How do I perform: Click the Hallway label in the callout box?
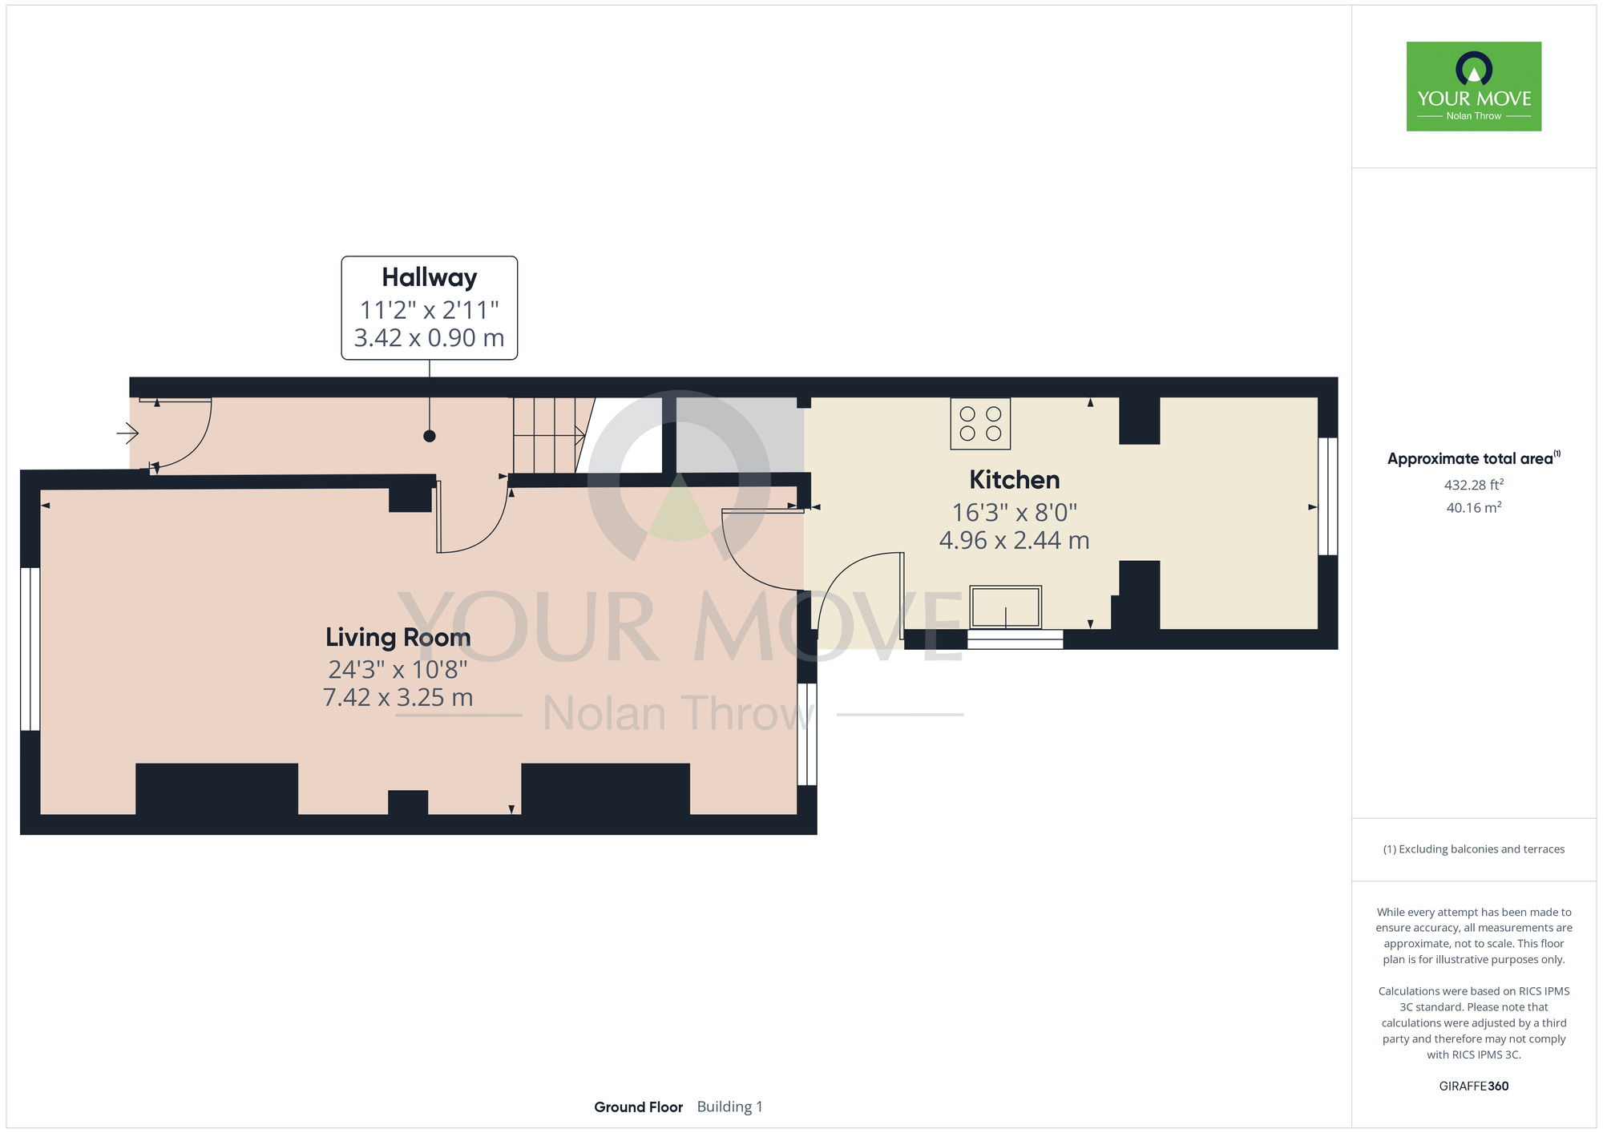click(x=429, y=277)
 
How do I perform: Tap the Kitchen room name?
click(x=1014, y=479)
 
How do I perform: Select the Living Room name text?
click(x=398, y=637)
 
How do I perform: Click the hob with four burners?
click(x=980, y=423)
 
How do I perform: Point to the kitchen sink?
click(x=1006, y=607)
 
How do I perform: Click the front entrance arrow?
click(x=127, y=433)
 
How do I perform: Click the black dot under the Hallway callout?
click(x=430, y=436)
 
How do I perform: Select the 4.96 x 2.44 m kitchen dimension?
click(x=1014, y=540)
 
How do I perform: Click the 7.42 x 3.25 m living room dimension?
click(x=398, y=697)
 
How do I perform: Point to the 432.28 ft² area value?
click(x=1473, y=485)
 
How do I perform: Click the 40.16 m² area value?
click(x=1473, y=507)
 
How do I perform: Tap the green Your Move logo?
click(x=1474, y=87)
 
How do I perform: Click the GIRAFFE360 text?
click(x=1474, y=1087)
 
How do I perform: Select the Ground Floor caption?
click(x=638, y=1107)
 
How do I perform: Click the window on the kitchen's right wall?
click(x=1328, y=496)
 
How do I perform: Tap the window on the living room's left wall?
click(x=30, y=649)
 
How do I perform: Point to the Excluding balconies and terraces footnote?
click(x=1473, y=849)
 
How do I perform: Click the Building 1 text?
click(x=729, y=1107)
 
